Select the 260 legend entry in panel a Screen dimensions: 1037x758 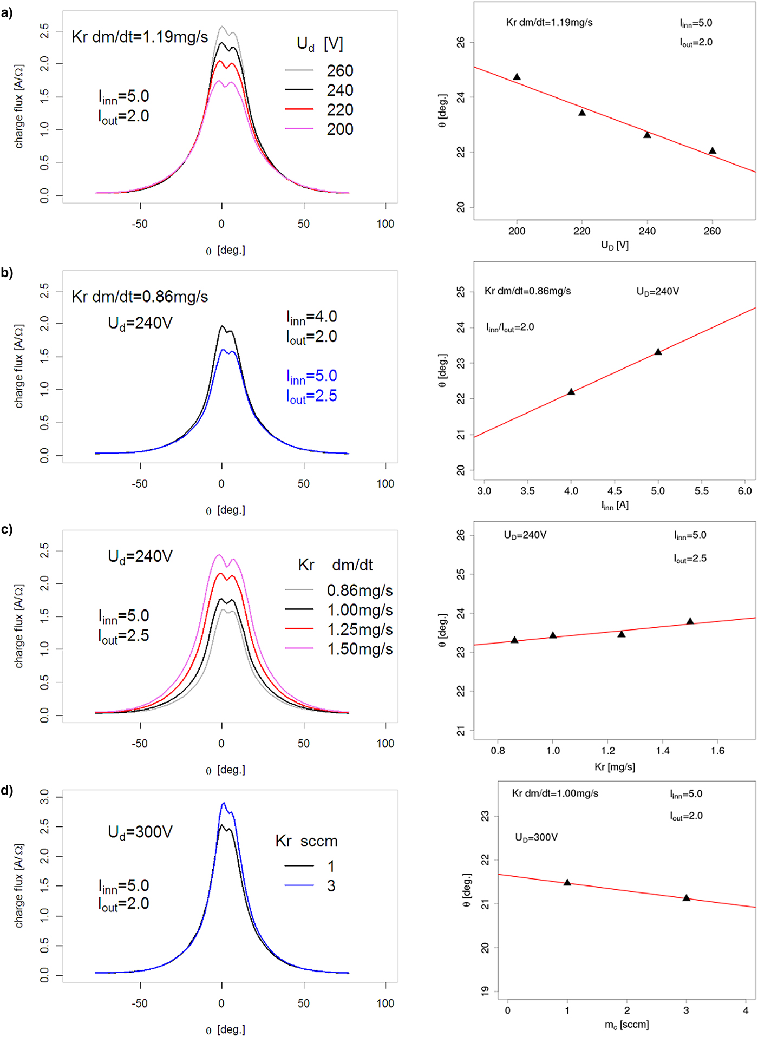339,71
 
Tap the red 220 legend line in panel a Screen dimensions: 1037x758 299,109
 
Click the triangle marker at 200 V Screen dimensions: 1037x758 517,77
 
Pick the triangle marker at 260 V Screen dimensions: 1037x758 713,150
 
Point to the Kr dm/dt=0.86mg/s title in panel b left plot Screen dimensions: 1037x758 140,297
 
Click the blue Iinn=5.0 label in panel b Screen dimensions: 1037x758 311,376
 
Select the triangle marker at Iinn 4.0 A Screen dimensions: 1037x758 571,391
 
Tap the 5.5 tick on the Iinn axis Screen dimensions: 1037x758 702,491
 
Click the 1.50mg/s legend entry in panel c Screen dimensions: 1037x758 360,649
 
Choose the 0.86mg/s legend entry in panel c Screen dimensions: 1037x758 360,590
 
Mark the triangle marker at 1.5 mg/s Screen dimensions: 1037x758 690,621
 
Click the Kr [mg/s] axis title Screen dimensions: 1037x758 615,766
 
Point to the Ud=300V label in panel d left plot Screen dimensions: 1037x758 140,832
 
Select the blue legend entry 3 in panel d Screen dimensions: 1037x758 331,886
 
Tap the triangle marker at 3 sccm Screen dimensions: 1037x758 687,898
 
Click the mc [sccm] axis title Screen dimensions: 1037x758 626,1024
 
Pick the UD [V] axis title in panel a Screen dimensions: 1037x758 615,245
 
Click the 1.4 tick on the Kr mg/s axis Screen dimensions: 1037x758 663,751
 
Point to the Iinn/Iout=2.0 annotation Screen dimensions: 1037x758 510,327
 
